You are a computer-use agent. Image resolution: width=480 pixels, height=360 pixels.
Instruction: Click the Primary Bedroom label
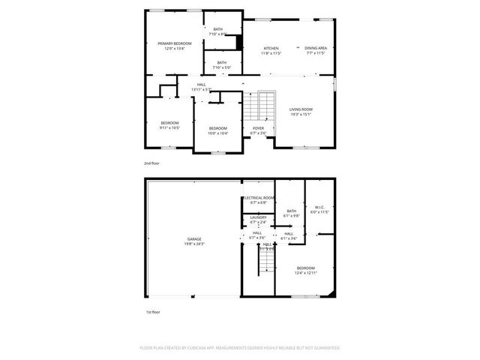[174, 43]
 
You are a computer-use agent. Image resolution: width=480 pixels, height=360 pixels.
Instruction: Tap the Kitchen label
[270, 48]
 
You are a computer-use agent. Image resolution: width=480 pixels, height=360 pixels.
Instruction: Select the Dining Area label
[315, 48]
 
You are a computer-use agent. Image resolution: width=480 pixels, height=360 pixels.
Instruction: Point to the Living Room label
[301, 109]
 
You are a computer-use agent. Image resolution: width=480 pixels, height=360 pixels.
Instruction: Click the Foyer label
[258, 128]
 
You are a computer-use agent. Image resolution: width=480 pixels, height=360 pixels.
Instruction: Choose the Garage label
[193, 239]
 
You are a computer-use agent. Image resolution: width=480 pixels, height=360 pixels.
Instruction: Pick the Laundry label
[258, 217]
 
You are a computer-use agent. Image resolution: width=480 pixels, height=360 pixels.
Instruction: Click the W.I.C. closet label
[319, 207]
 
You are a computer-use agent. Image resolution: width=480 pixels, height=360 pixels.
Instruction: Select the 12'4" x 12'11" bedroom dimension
[305, 273]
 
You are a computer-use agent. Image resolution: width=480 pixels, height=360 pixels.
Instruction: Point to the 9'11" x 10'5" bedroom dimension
[169, 128]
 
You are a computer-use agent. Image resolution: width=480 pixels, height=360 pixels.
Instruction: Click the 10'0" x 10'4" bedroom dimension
[217, 133]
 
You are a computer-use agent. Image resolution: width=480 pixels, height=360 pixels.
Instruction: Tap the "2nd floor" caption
[152, 163]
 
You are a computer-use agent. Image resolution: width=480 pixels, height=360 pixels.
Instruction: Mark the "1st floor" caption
[152, 312]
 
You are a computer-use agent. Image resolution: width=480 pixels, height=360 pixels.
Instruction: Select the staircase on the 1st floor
[264, 261]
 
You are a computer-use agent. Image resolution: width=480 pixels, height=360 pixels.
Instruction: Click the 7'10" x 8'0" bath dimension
[217, 34]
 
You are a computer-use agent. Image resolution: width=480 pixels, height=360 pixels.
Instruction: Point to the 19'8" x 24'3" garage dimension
[193, 244]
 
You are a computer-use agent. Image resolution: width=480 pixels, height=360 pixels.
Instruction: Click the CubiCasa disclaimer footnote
[240, 348]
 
